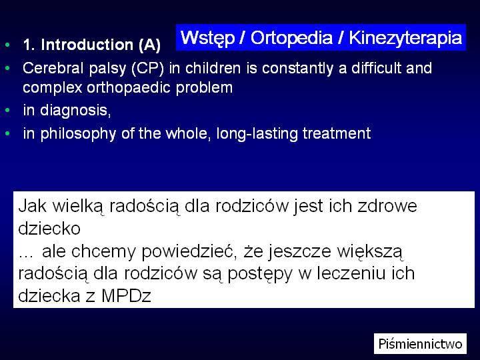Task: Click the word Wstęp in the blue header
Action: pyautogui.click(x=207, y=38)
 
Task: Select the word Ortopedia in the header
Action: pyautogui.click(x=291, y=37)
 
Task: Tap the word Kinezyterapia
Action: pyautogui.click(x=405, y=38)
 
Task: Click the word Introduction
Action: pyautogui.click(x=87, y=45)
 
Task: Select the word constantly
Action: pyautogui.click(x=297, y=68)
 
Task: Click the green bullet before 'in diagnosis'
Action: pyautogui.click(x=7, y=110)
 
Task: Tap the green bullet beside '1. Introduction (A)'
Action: pyautogui.click(x=7, y=45)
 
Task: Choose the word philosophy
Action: pyautogui.click(x=78, y=134)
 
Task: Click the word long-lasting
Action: pyautogui.click(x=257, y=134)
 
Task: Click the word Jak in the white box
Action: pyautogui.click(x=33, y=206)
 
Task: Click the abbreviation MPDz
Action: pyautogui.click(x=126, y=296)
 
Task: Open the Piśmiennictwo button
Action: pyautogui.click(x=420, y=343)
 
